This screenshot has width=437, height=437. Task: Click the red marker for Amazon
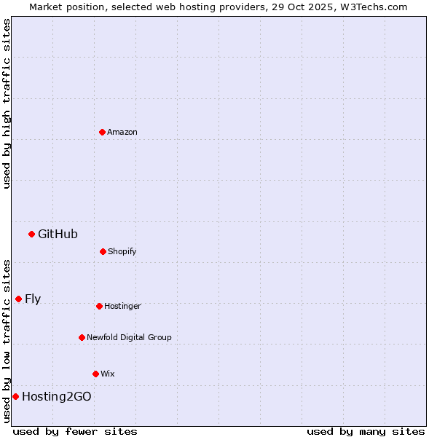(102, 132)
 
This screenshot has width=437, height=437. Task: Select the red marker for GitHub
(31, 234)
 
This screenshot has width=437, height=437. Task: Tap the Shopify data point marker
(103, 251)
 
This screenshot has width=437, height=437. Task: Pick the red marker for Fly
(18, 299)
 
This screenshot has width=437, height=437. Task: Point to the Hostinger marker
(99, 306)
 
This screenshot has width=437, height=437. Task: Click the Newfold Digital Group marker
(82, 337)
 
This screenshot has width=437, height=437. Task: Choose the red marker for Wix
(95, 374)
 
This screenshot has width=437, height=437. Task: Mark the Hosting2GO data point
(15, 396)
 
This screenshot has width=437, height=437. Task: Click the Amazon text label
(122, 132)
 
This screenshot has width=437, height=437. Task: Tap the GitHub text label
(58, 234)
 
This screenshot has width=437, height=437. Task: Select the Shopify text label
(122, 251)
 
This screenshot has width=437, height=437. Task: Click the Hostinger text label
(122, 306)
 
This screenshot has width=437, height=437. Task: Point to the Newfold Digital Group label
(129, 337)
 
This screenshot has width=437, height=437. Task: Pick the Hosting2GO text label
(57, 396)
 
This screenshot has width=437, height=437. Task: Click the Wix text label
(108, 374)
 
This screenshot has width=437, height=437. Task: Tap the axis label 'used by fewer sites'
(75, 431)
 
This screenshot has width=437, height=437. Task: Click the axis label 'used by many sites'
(366, 431)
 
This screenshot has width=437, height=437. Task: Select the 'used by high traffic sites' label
(7, 103)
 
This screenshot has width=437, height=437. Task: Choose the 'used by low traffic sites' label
(7, 340)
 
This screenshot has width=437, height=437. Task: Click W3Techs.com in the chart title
(371, 7)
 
